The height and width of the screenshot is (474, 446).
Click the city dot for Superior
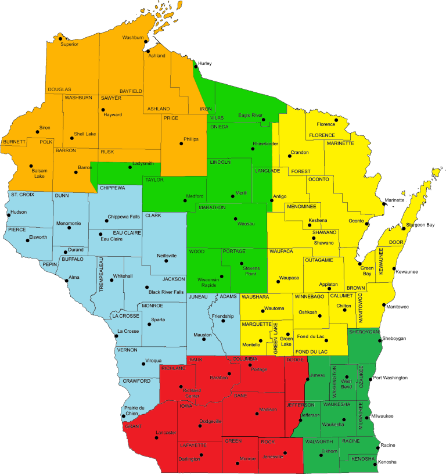coord(60,39)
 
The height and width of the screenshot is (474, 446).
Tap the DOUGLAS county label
coord(59,89)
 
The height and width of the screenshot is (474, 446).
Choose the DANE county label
coord(240,396)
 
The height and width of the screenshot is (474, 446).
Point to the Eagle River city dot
coord(263,120)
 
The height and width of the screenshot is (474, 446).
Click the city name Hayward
coord(113,114)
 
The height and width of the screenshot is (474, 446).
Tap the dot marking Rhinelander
coord(253,149)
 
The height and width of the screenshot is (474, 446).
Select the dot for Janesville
coord(285,453)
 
